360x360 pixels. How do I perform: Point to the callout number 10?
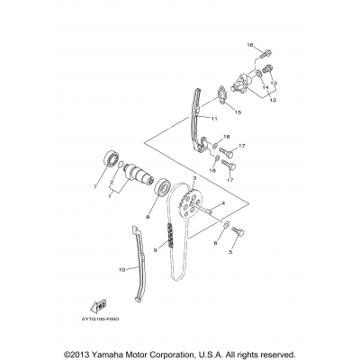tap(121, 267)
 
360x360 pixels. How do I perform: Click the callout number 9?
tap(155, 250)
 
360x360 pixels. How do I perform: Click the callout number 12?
tap(274, 101)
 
